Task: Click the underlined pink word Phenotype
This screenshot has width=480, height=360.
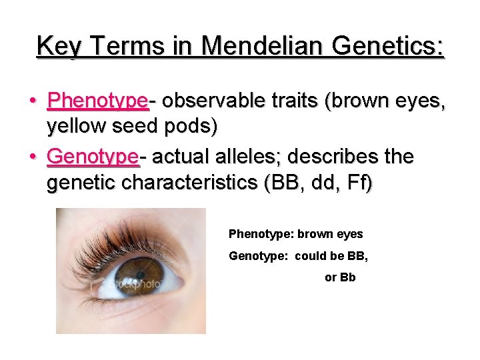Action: pyautogui.click(x=97, y=101)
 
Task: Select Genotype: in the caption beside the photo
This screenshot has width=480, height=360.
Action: pyautogui.click(x=257, y=256)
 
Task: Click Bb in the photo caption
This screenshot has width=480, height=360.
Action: pyautogui.click(x=349, y=277)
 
